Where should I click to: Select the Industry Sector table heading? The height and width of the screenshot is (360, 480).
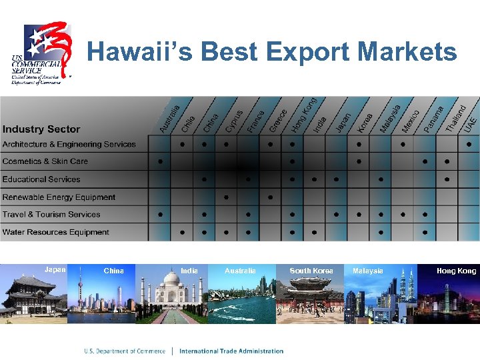click(x=41, y=129)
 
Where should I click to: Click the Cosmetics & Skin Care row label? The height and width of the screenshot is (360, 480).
click(x=45, y=161)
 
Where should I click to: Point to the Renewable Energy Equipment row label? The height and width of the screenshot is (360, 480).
click(x=59, y=197)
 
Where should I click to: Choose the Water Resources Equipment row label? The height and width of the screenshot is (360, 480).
click(x=55, y=232)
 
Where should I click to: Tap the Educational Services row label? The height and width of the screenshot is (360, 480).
click(x=41, y=179)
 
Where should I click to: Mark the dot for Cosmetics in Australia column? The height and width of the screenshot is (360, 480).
click(x=160, y=161)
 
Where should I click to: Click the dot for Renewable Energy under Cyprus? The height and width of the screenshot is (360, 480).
click(x=227, y=197)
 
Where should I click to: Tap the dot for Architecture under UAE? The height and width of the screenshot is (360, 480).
click(x=469, y=144)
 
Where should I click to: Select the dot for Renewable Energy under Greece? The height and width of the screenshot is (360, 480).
click(x=270, y=197)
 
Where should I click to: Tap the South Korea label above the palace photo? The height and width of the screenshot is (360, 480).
click(x=311, y=271)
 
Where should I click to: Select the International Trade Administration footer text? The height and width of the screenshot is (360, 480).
click(x=231, y=351)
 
